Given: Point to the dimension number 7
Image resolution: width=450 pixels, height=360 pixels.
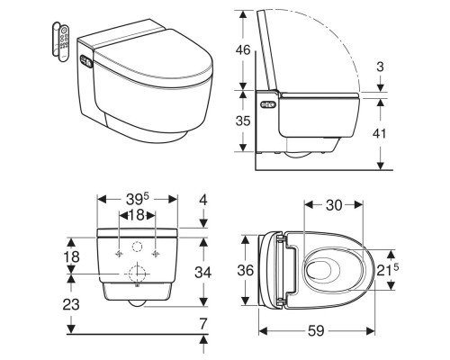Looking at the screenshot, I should [204, 321].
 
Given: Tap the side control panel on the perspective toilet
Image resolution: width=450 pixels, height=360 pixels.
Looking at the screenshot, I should [85, 64].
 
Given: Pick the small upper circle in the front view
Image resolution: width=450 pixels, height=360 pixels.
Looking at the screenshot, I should [137, 247].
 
